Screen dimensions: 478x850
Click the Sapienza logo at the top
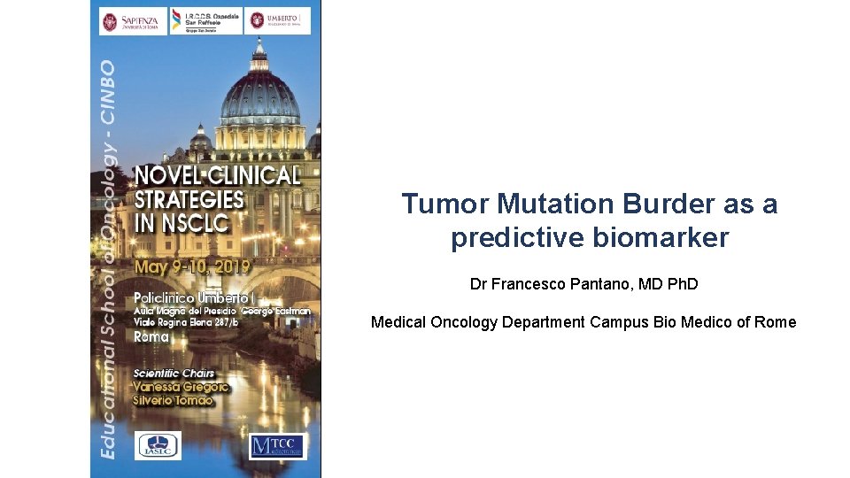click(133, 21)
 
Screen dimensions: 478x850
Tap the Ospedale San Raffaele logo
click(206, 21)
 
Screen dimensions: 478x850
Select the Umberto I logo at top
click(279, 21)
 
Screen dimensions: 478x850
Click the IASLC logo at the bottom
click(158, 446)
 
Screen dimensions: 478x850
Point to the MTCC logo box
click(276, 446)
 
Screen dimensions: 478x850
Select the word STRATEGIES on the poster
click(189, 198)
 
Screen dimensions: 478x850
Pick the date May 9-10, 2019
click(192, 266)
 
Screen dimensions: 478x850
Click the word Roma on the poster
click(151, 336)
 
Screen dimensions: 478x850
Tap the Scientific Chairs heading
click(174, 373)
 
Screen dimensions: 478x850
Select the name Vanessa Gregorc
click(181, 387)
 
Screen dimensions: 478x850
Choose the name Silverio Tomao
click(173, 400)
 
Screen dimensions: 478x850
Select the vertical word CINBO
click(107, 91)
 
